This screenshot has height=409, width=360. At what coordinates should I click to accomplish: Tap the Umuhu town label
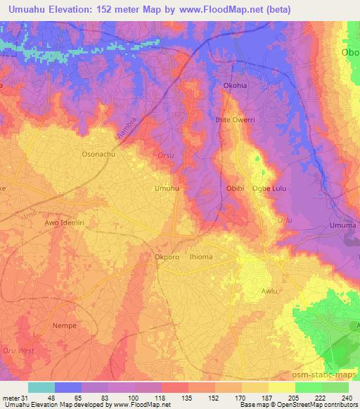pos(166,188)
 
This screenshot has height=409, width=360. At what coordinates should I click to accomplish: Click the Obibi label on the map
pos(236,188)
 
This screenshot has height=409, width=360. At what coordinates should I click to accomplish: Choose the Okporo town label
pos(167,257)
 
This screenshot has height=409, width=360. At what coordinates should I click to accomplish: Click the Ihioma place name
pos(200,257)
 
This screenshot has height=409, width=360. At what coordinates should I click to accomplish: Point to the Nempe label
pos(64,325)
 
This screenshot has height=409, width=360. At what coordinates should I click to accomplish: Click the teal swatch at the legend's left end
pos(41,387)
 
